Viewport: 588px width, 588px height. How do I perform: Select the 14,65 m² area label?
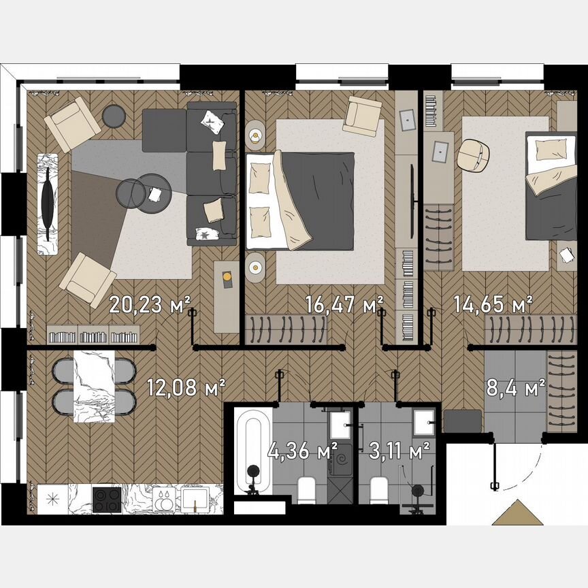point(493,304)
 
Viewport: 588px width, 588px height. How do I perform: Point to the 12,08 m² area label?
point(186,388)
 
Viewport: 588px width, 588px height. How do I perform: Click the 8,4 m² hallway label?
point(515,388)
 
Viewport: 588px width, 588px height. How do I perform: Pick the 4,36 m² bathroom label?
point(312,450)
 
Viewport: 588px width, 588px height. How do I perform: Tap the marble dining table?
point(95,387)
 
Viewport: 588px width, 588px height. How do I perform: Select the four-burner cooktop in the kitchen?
point(107,499)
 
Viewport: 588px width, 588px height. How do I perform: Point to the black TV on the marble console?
point(47,204)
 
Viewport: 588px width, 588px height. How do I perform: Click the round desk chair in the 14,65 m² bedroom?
point(474,156)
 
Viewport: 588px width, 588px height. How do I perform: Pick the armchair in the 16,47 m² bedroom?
point(362,116)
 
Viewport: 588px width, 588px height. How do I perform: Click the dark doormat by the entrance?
point(461,420)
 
